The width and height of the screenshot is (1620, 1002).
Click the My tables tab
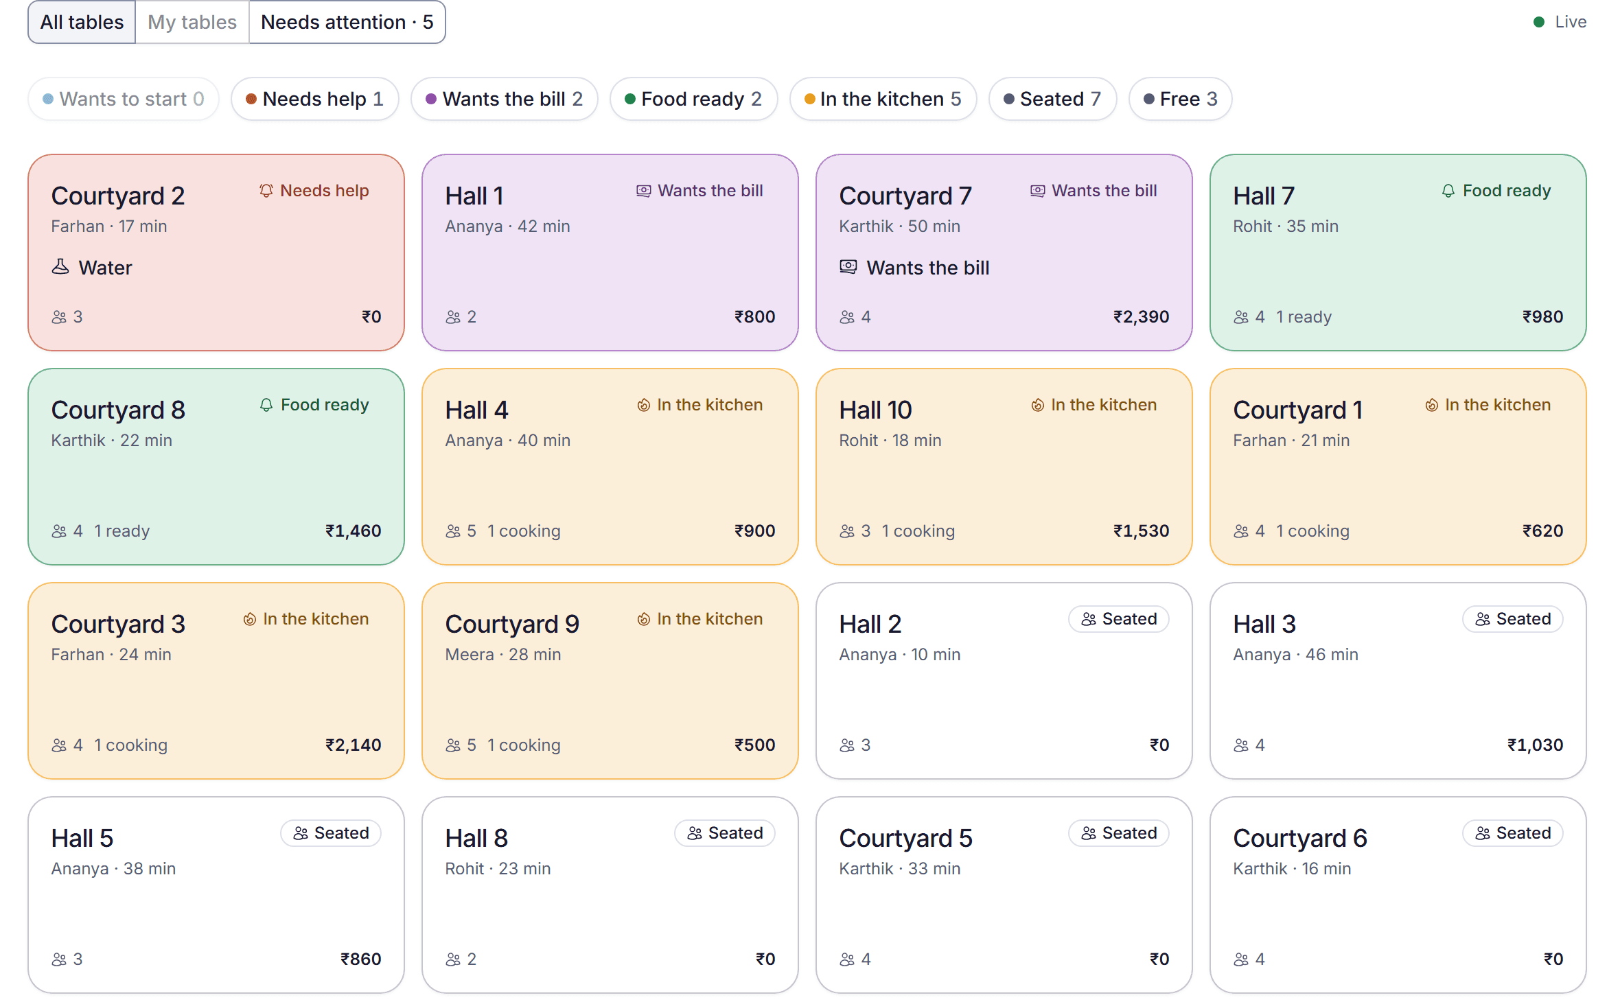coord(192,23)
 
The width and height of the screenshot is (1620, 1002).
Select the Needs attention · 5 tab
coord(347,23)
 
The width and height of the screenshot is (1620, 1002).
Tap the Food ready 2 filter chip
coord(693,99)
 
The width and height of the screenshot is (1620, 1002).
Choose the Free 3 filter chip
coord(1180,99)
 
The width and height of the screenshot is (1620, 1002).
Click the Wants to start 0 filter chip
coord(124,99)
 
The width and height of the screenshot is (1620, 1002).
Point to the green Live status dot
coord(1539,22)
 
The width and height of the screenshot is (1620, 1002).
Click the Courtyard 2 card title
coord(118,196)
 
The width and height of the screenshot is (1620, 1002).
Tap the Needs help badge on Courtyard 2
coord(314,191)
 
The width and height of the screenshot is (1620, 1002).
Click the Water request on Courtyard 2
coord(92,268)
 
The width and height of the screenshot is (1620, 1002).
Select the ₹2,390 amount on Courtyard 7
coord(1141,317)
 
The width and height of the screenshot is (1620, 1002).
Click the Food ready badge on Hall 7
coord(1496,191)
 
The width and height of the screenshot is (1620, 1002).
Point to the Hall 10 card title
coord(875,410)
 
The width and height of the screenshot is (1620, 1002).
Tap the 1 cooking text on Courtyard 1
coord(1312,531)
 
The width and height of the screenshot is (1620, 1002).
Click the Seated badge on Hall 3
coord(1513,619)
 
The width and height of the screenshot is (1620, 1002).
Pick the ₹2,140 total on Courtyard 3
coord(353,745)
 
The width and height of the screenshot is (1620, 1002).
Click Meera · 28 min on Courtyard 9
coord(503,655)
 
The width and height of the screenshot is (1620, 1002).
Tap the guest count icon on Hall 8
coord(453,959)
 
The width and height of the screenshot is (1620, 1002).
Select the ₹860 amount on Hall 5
coord(360,959)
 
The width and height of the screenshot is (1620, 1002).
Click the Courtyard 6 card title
coord(1300,839)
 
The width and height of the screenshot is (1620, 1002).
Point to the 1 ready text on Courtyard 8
coord(121,531)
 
